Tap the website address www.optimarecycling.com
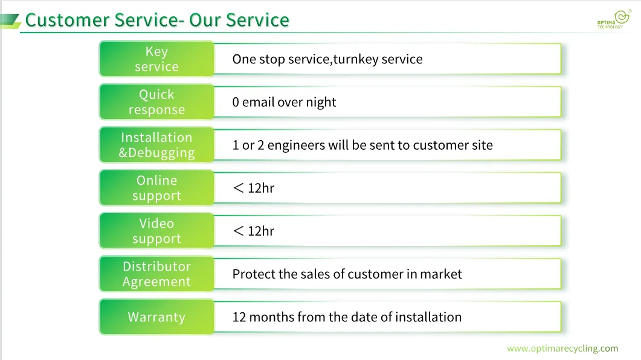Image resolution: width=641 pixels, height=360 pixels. tap(562, 349)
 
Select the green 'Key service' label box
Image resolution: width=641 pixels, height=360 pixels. tap(156, 59)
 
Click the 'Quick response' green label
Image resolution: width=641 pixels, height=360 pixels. tap(156, 102)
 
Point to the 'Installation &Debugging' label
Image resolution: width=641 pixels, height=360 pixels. tap(156, 145)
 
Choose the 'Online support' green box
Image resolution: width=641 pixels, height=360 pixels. tap(156, 188)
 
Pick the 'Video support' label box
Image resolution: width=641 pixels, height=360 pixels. tap(156, 231)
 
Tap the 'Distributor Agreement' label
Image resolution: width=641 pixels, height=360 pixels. tap(156, 274)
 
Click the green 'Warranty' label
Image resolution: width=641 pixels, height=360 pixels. tap(156, 317)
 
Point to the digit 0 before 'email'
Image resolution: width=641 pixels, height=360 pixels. tap(236, 103)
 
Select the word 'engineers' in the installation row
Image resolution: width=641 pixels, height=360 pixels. tap(296, 146)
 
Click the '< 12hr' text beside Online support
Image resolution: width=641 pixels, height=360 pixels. tap(253, 188)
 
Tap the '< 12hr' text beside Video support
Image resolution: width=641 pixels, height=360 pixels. tap(253, 231)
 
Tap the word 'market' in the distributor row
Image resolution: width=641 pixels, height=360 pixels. tap(441, 274)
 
